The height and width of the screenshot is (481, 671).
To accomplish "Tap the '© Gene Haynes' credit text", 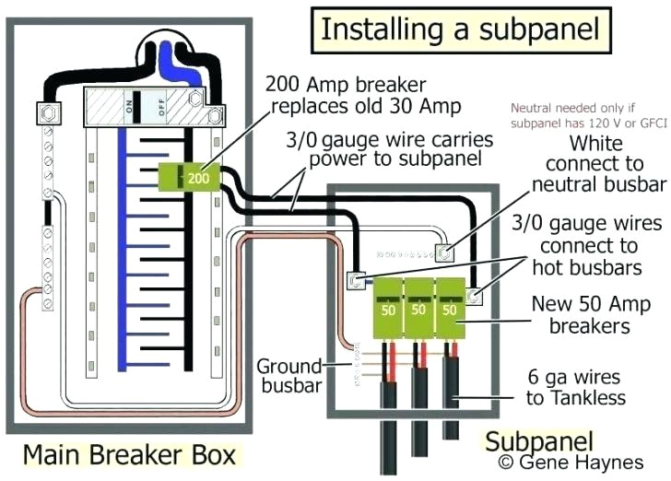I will pyautogui.click(x=570, y=460).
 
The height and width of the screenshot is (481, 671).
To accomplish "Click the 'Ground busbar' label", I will pyautogui.click(x=288, y=375).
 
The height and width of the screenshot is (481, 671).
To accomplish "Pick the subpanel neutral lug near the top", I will pyautogui.click(x=443, y=251).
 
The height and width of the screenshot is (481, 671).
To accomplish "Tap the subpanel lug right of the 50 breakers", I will pyautogui.click(x=475, y=296).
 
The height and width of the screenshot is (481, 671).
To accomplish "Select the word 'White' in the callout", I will pyautogui.click(x=595, y=144).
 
